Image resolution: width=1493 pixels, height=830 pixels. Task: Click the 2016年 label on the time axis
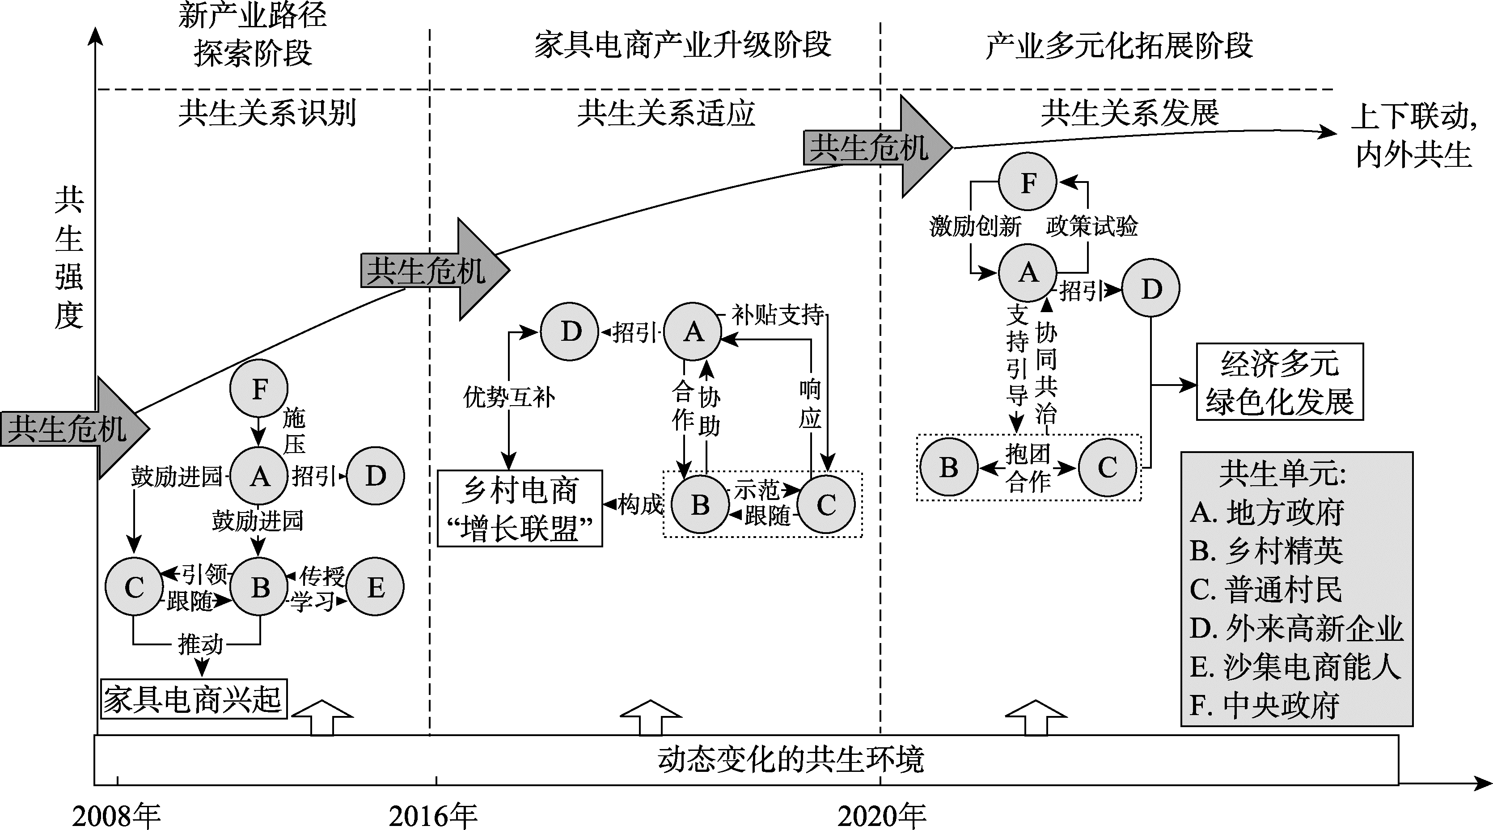tap(433, 816)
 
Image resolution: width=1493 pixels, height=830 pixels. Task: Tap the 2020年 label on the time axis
tap(882, 816)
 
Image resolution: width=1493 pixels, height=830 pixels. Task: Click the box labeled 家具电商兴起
tap(194, 699)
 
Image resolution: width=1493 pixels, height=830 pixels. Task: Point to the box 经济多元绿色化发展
tap(1280, 382)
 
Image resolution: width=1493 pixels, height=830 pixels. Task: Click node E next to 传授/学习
tap(375, 587)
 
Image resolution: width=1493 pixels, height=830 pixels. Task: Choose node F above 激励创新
tap(1028, 182)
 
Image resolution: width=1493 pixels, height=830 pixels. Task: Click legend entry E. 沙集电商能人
tap(1295, 667)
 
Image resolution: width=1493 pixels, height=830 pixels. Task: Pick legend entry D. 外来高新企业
tap(1296, 628)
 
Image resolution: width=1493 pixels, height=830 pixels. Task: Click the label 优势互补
tap(509, 398)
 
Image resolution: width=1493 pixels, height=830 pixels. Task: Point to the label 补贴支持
tap(777, 315)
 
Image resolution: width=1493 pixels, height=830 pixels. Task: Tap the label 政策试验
tap(1091, 226)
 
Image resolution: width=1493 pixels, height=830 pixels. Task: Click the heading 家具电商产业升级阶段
tap(682, 45)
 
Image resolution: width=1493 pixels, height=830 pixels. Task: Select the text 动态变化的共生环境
tap(790, 760)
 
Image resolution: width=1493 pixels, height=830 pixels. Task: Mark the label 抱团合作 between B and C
tap(1028, 468)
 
